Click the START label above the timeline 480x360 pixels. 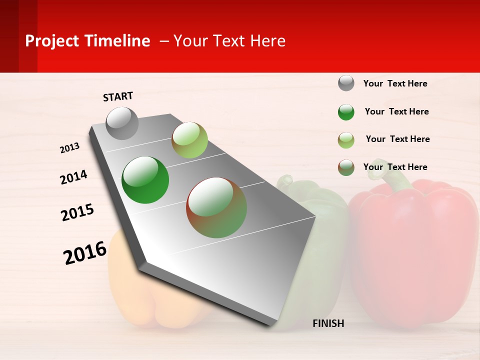click(118, 96)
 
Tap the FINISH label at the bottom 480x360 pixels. click(328, 323)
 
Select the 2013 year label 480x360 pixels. click(69, 148)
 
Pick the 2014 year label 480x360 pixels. click(73, 177)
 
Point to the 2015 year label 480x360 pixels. click(77, 212)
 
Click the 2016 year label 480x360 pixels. click(85, 253)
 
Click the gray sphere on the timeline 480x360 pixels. click(122, 123)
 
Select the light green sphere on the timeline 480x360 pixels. click(189, 140)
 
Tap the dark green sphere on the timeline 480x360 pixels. click(145, 180)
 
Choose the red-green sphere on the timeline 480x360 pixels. click(216, 207)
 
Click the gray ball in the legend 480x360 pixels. click(346, 83)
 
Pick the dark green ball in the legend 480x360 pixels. click(346, 112)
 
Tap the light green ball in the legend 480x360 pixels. click(346, 140)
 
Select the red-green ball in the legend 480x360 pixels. click(346, 167)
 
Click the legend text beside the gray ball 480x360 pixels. click(395, 83)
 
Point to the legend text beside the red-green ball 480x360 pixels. click(395, 167)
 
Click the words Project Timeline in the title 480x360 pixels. click(87, 41)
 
